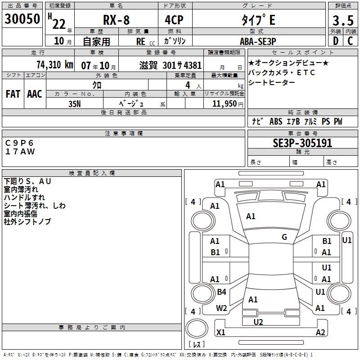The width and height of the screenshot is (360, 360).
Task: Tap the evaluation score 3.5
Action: pyautogui.click(x=343, y=21)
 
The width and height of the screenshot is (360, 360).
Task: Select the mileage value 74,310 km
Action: pyautogui.click(x=54, y=64)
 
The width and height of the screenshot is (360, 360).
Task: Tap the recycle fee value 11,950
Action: pyautogui.click(x=225, y=103)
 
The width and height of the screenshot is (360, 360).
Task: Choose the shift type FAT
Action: pyautogui.click(x=13, y=94)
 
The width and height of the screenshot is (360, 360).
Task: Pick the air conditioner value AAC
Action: pyautogui.click(x=35, y=94)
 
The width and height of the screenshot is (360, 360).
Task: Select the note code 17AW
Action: pyautogui.click(x=20, y=152)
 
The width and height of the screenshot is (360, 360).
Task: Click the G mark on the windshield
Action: pyautogui.click(x=284, y=237)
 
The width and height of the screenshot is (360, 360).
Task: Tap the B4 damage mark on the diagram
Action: pyautogui.click(x=221, y=292)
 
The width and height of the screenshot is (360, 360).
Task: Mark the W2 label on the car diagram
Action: pyautogui.click(x=221, y=308)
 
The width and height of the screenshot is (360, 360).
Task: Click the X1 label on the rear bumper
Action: pyautogui.click(x=221, y=333)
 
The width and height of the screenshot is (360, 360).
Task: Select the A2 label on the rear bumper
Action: pyautogui.click(x=320, y=333)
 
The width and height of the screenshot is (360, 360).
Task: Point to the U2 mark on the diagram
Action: pyautogui.click(x=258, y=322)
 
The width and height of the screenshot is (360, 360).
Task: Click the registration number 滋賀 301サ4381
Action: pyautogui.click(x=171, y=65)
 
